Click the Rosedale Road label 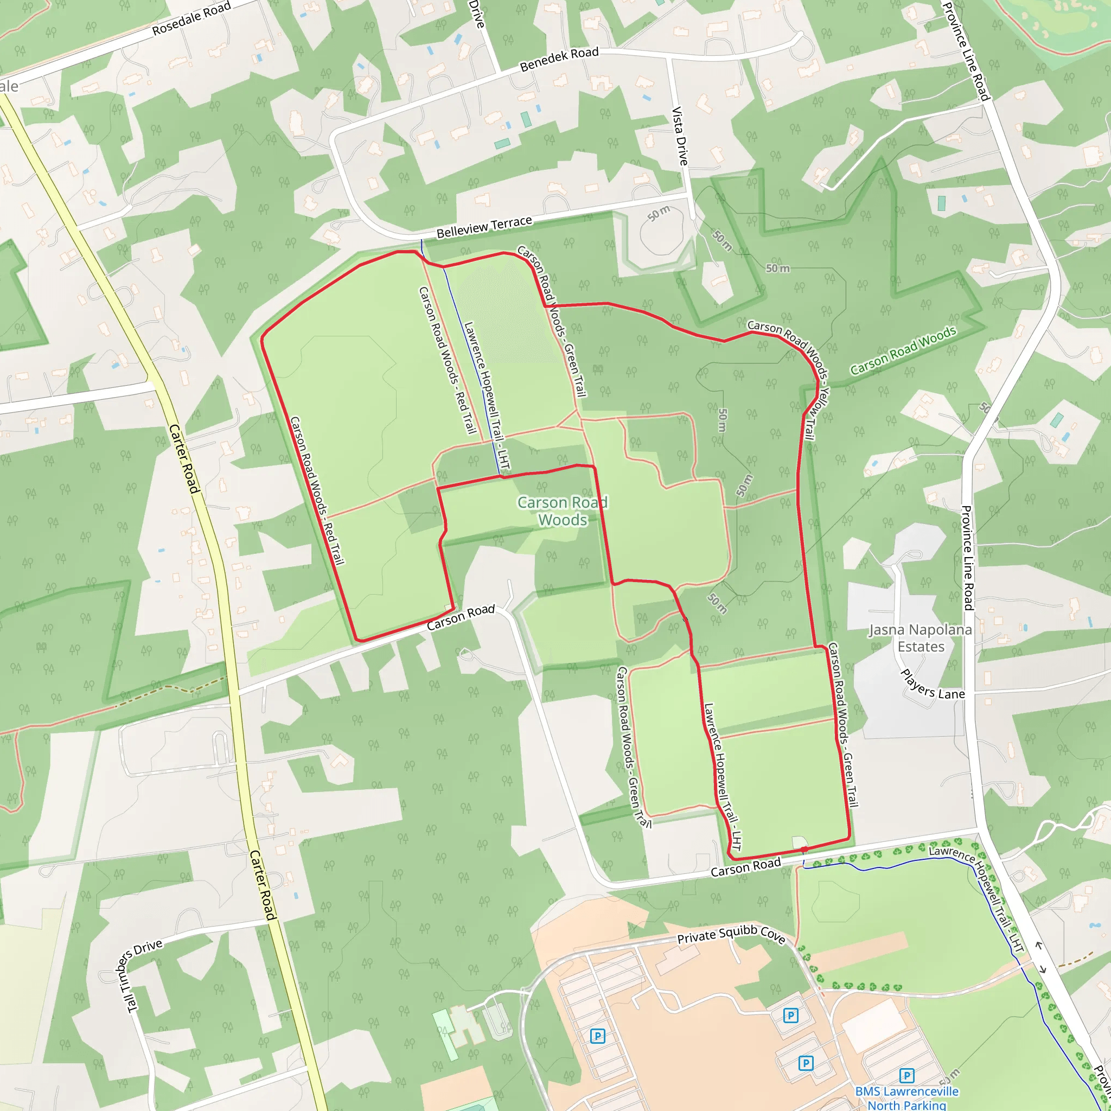click(x=191, y=18)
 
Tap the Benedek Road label click(x=559, y=59)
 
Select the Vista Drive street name click(x=680, y=136)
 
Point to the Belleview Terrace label click(x=484, y=227)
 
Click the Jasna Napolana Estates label click(x=920, y=638)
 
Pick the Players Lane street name click(x=932, y=685)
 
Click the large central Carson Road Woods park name click(x=563, y=511)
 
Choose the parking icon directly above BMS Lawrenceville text click(x=907, y=1075)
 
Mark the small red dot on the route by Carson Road click(x=804, y=849)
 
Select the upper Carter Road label click(x=184, y=458)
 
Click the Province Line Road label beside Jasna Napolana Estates click(x=967, y=558)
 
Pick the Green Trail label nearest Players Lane click(x=843, y=725)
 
